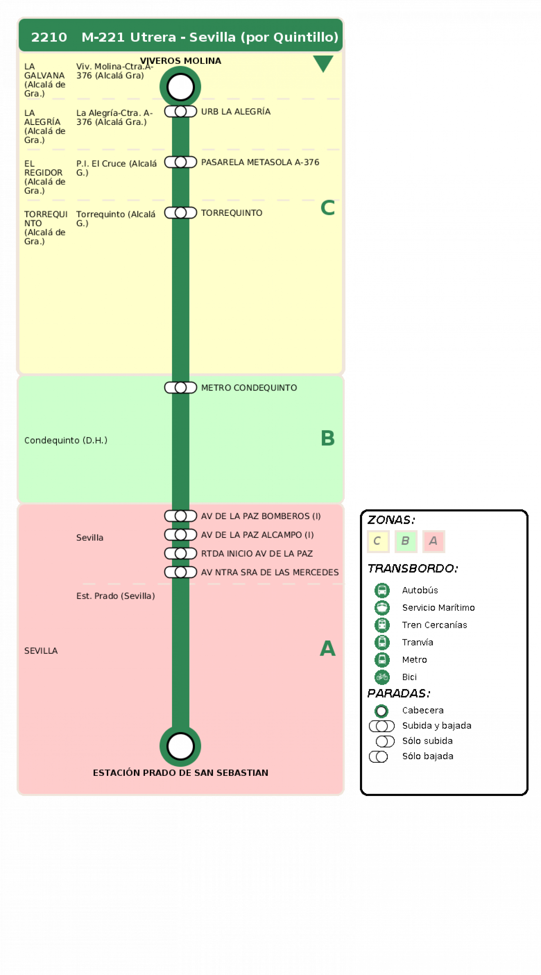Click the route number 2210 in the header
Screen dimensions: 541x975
49,37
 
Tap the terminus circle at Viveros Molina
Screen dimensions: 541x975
180,87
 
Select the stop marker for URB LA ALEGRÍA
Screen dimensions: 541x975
181,111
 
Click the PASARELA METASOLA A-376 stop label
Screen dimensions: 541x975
260,162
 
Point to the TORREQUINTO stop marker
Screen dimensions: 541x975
181,213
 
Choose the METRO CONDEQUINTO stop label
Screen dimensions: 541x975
249,388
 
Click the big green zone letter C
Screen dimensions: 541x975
328,208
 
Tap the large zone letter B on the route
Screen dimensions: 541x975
328,438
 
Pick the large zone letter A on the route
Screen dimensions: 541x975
328,648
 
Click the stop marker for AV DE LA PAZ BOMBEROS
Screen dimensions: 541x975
181,516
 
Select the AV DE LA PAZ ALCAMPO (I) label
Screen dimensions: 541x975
257,535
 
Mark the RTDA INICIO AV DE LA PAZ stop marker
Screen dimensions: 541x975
181,553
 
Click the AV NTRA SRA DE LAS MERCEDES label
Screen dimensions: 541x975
270,572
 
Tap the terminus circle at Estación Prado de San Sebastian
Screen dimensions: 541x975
180,746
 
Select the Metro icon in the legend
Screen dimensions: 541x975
382,660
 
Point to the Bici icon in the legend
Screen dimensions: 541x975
382,677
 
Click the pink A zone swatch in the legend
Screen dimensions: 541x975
433,541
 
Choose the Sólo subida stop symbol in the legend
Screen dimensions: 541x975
385,741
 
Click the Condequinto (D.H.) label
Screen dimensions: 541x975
66,441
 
